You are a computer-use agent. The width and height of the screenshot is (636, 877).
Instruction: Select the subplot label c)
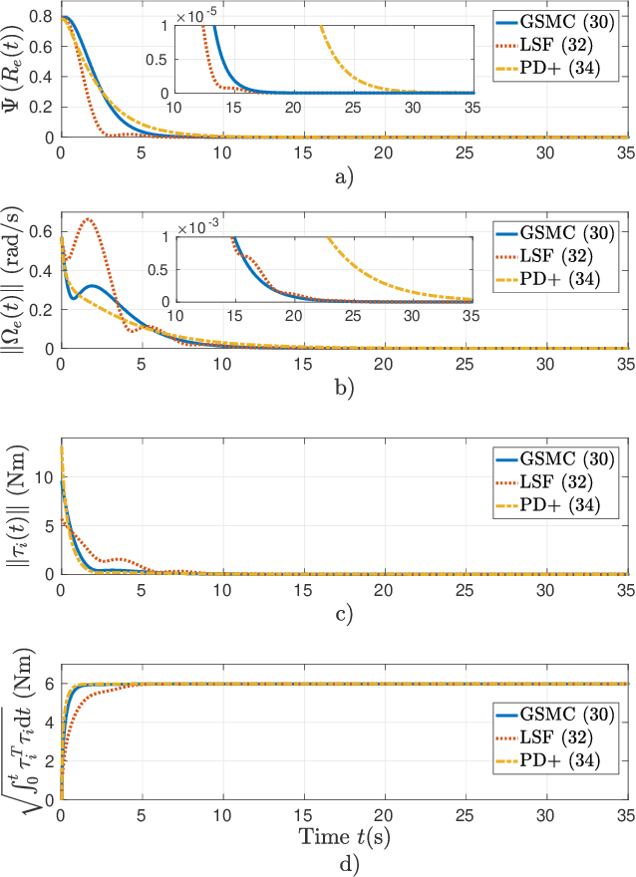click(343, 614)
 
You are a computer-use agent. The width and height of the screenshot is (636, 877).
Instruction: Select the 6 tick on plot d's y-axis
click(49, 684)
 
